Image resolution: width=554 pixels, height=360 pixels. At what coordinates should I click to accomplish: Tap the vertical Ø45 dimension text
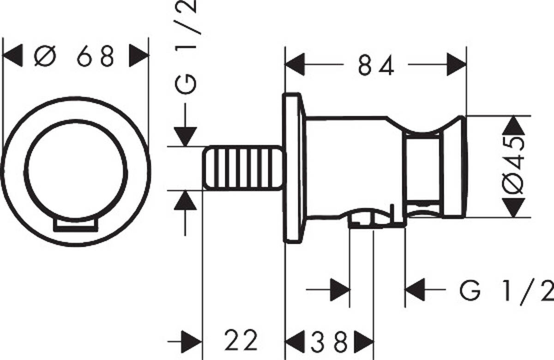(x=515, y=167)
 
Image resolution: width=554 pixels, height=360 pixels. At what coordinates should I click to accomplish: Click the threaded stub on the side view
(x=242, y=167)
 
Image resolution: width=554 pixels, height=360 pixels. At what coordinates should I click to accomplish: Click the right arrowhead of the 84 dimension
(x=456, y=65)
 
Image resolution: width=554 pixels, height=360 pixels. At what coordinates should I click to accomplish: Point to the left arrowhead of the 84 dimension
(x=295, y=65)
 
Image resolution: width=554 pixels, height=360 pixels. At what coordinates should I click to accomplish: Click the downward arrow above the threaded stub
(x=185, y=136)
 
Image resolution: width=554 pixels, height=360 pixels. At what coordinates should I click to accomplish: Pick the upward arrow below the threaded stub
(x=185, y=201)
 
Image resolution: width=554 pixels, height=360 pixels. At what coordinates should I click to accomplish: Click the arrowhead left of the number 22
(x=191, y=342)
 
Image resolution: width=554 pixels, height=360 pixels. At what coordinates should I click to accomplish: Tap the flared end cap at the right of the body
(x=455, y=167)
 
